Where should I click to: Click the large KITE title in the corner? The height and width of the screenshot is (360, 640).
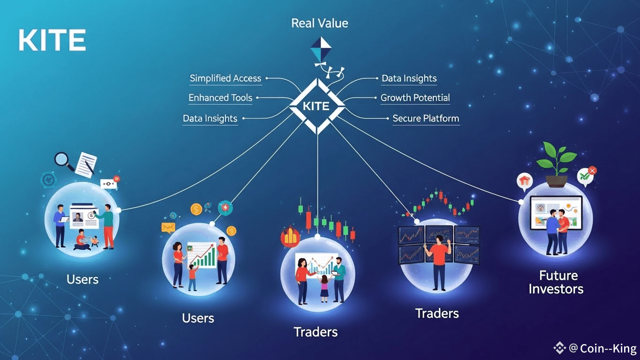[x=52, y=40]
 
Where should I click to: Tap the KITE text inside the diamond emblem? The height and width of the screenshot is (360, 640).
[x=316, y=106]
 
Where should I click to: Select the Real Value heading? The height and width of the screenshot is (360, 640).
[x=320, y=23]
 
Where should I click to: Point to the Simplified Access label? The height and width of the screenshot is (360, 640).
[x=226, y=78]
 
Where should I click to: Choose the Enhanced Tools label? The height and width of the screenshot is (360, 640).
[x=220, y=98]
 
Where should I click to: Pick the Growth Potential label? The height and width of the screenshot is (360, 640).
[x=415, y=98]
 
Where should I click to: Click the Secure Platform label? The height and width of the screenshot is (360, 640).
[x=426, y=118]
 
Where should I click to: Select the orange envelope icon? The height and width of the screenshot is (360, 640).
[x=168, y=228]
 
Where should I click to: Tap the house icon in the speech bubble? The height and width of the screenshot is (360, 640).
[x=523, y=180]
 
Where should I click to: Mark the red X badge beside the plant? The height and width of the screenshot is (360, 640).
[x=592, y=171]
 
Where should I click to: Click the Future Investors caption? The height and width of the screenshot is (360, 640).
[x=557, y=282]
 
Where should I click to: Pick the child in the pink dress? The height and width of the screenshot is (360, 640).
[x=324, y=289]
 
